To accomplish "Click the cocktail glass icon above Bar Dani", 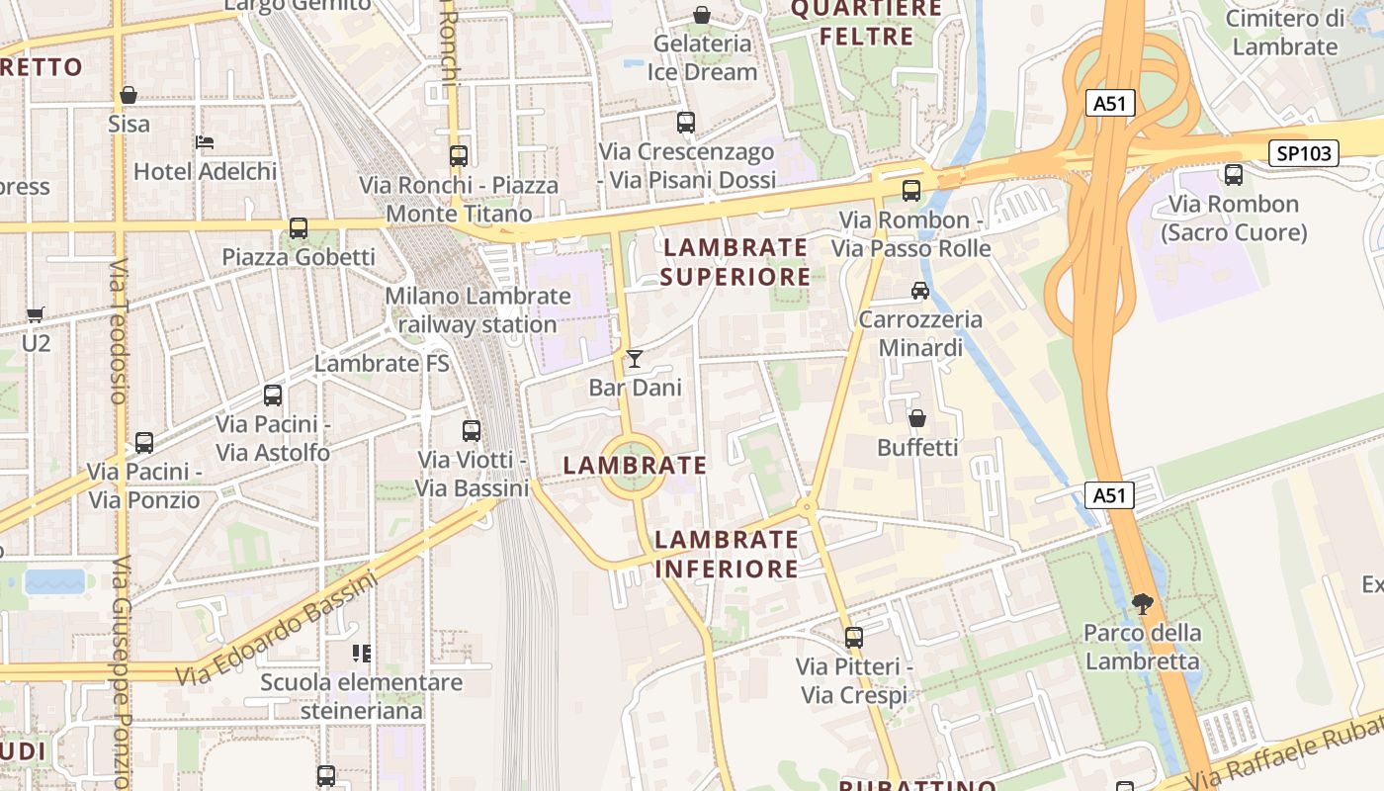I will point(635,358).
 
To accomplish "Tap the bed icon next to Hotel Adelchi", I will point(205,142).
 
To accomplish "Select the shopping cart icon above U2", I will point(36,314).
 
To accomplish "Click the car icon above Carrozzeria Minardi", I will point(920,291).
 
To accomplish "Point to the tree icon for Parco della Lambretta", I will point(1143,603).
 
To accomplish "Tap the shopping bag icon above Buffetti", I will point(917,418).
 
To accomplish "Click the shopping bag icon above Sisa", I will point(128,95).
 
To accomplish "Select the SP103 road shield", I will point(1304,153).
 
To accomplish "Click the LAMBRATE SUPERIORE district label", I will point(735,262).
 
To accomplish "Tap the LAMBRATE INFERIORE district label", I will point(727,554).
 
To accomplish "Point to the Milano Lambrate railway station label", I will point(477,310).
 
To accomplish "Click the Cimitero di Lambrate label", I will point(1285,33).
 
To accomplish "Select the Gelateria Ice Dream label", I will point(702,57).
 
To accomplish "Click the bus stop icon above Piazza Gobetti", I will point(299,228).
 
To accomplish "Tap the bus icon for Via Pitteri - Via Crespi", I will point(854,638).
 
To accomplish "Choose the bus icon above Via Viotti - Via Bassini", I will point(472,431).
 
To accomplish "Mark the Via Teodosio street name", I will point(119,331).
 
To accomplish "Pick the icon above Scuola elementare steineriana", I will point(362,653).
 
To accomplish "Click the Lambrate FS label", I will point(382,364).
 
